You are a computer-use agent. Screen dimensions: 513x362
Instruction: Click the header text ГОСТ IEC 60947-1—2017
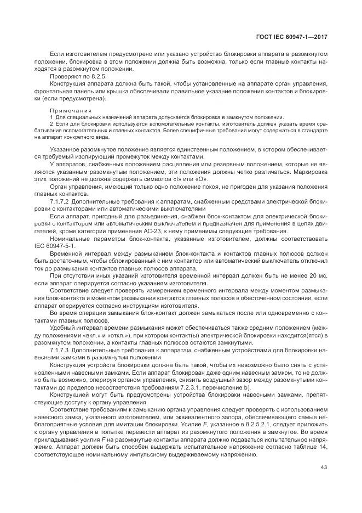click(296, 36)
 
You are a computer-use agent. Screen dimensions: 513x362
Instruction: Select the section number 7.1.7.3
click(59, 349)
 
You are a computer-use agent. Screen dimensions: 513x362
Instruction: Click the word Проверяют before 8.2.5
click(65, 76)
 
